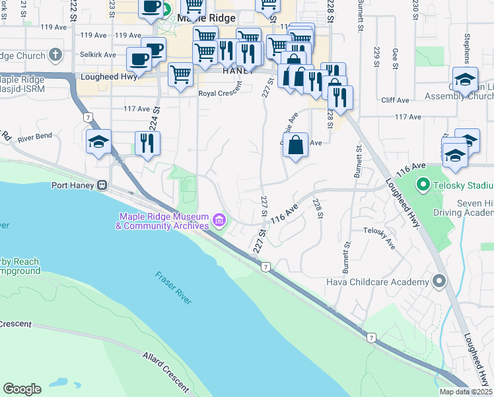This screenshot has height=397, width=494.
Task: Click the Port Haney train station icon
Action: [102, 185]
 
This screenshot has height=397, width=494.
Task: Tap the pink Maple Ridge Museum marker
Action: [219, 218]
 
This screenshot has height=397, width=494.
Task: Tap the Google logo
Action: [22, 389]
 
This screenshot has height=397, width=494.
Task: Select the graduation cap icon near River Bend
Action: [99, 141]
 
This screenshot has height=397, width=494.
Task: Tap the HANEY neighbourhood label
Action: [238, 70]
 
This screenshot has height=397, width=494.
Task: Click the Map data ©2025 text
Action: [466, 392]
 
